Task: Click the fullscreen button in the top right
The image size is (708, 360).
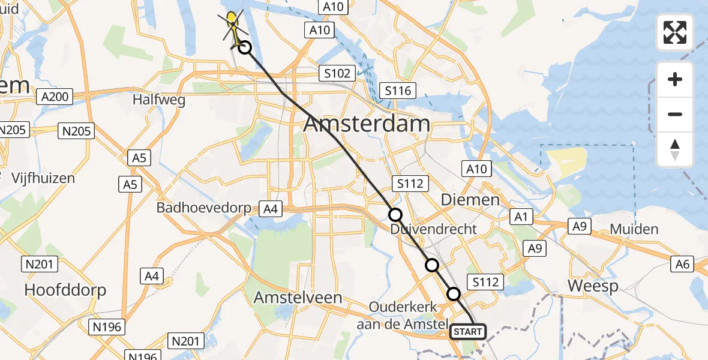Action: pyautogui.click(x=675, y=32)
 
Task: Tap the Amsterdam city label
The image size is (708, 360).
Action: pyautogui.click(x=367, y=124)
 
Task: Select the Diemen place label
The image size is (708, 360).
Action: pyautogui.click(x=470, y=199)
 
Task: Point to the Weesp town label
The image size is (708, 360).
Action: pyautogui.click(x=592, y=286)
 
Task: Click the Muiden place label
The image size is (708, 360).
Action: pyautogui.click(x=634, y=229)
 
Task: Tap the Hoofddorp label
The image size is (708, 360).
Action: pyautogui.click(x=65, y=290)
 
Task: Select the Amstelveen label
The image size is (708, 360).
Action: pyautogui.click(x=298, y=298)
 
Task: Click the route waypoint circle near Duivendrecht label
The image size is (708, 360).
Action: pyautogui.click(x=395, y=215)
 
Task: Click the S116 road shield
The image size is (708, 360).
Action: pyautogui.click(x=397, y=91)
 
